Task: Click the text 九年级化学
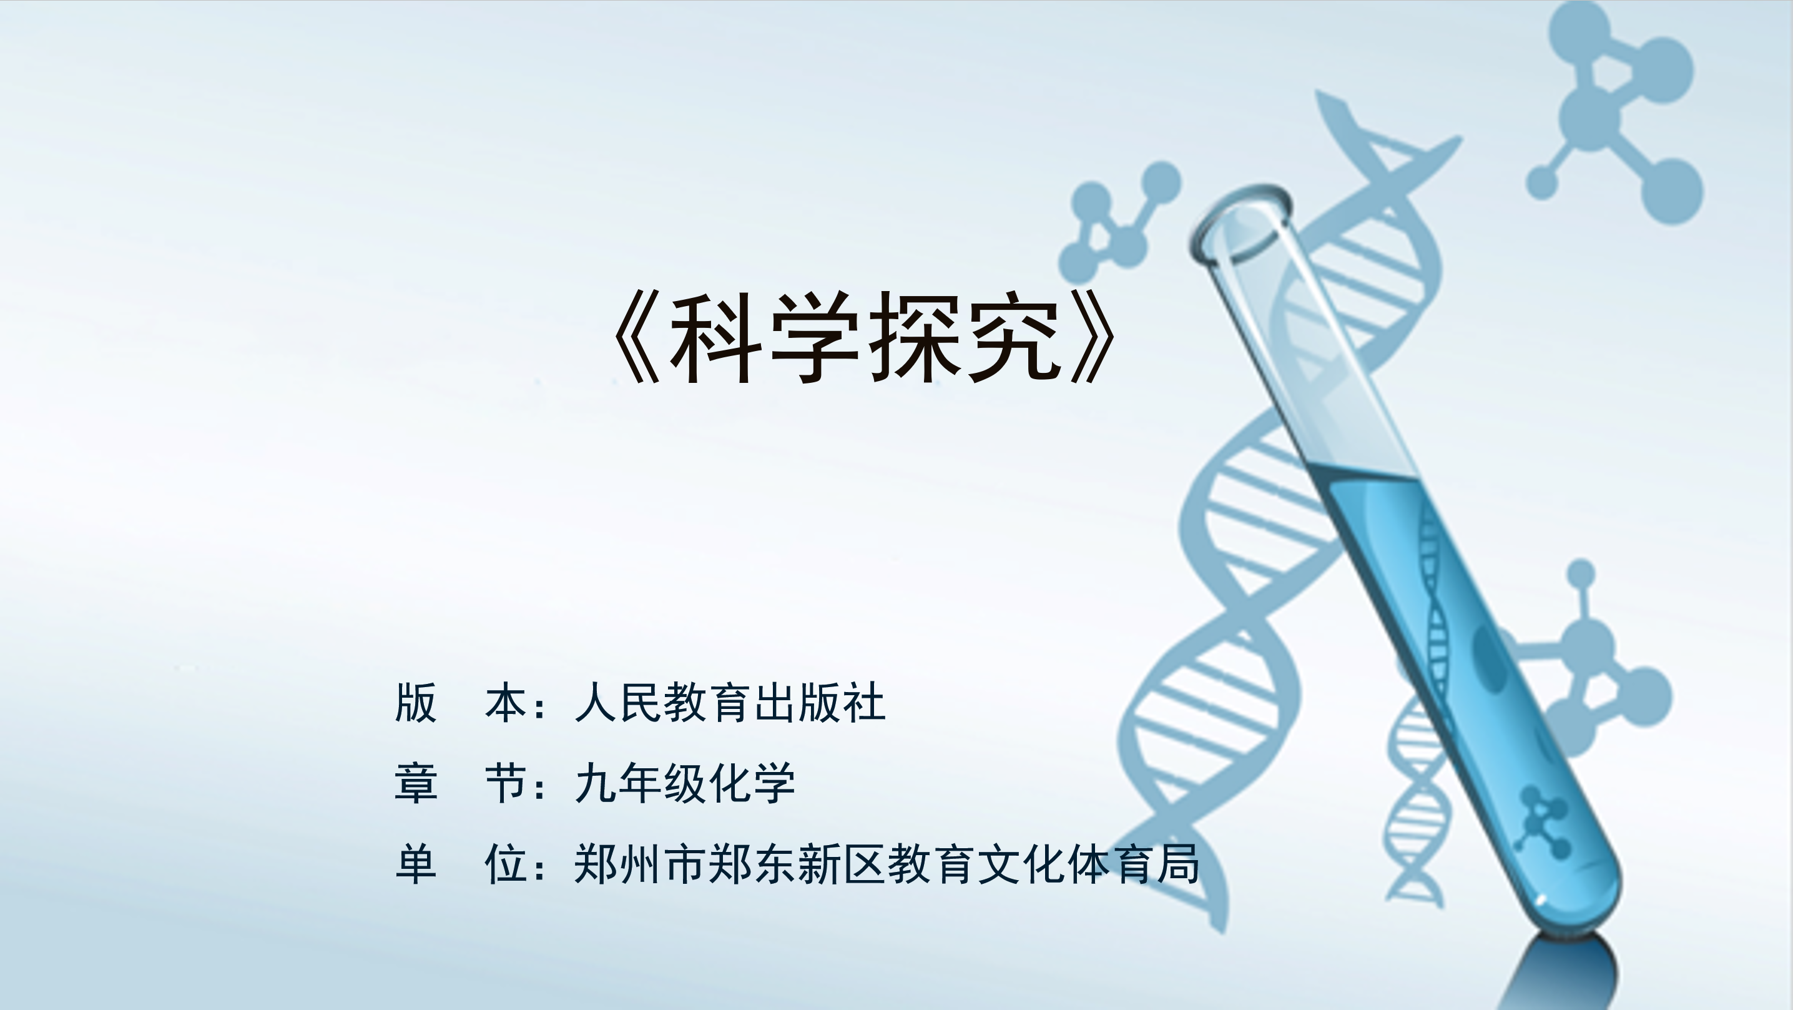pyautogui.click(x=685, y=783)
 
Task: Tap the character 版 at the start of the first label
pyautogui.click(x=416, y=702)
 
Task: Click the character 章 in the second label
pyautogui.click(x=416, y=783)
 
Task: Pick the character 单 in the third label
pyautogui.click(x=416, y=864)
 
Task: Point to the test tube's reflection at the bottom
pyautogui.click(x=1566, y=973)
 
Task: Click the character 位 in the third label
pyautogui.click(x=506, y=864)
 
